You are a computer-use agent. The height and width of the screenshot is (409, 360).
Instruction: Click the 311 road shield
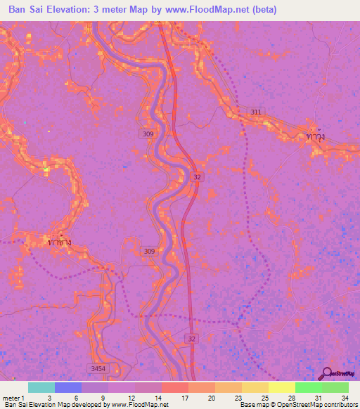[x=257, y=112]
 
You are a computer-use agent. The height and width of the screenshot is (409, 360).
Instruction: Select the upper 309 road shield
[x=149, y=134]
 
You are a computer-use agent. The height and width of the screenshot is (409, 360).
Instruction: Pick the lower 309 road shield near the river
[x=149, y=251]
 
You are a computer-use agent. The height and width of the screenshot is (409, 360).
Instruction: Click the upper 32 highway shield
[x=198, y=178]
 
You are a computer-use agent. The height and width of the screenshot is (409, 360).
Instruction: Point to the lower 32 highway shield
[x=192, y=339]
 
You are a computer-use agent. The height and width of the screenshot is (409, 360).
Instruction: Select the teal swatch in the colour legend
[x=41, y=387]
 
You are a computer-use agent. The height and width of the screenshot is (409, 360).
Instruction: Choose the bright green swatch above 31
[x=308, y=387]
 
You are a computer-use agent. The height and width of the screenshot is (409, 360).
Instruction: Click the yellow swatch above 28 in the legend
[x=281, y=387]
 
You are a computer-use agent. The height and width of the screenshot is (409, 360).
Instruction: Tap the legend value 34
[x=344, y=398]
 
